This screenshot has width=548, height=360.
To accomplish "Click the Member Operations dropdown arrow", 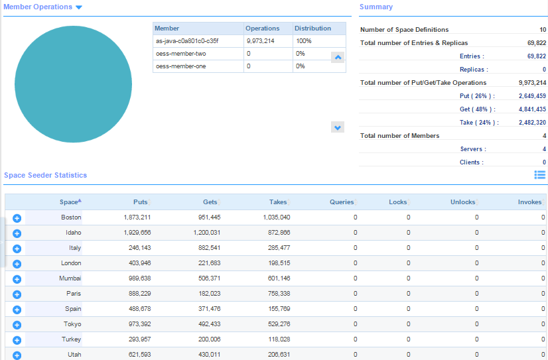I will [x=79, y=7].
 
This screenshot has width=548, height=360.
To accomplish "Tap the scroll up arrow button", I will [x=338, y=57].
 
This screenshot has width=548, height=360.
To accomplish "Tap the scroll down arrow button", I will [x=338, y=127].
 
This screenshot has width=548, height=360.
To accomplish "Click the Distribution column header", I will [x=313, y=29].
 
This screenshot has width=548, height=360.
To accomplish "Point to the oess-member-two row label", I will [x=180, y=54].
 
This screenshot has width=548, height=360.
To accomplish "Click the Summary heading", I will [x=376, y=7].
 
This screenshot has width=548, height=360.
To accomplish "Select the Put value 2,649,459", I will [x=532, y=96].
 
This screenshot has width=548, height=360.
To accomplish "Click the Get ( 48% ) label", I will [x=478, y=109].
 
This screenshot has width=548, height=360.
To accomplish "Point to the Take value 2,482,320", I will [x=532, y=123].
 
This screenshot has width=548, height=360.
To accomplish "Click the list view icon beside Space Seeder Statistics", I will [x=540, y=174].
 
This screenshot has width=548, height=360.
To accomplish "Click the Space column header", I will [x=70, y=202].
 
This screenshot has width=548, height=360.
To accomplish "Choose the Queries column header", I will [x=342, y=202].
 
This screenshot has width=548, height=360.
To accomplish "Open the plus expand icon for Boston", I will [x=17, y=218].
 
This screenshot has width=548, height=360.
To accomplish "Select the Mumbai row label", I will [x=70, y=278].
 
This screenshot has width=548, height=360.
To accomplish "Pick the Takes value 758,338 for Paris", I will [x=275, y=294].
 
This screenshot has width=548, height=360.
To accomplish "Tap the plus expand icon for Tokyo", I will [x=17, y=325].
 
